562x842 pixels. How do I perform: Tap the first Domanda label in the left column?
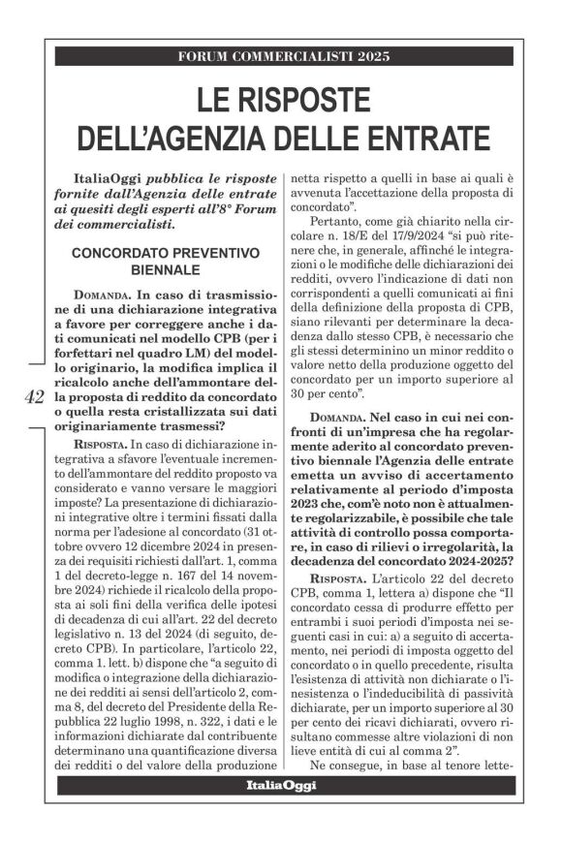[100, 293]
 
